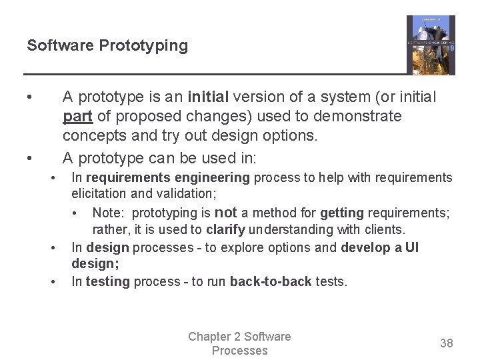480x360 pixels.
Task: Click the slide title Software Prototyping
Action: point(107,46)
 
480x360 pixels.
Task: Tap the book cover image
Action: point(431,45)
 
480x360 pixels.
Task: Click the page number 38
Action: point(447,343)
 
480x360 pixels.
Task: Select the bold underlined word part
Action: point(78,117)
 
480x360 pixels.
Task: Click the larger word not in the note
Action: point(226,212)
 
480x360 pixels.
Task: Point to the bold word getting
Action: point(342,213)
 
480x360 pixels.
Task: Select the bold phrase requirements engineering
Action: point(167,178)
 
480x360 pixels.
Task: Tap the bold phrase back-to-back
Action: point(271,282)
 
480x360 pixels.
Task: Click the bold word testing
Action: point(107,282)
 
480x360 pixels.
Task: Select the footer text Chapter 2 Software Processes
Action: point(239,343)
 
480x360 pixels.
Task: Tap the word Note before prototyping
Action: point(108,213)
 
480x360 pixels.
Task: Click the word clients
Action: point(382,230)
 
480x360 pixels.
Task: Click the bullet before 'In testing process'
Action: point(53,281)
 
